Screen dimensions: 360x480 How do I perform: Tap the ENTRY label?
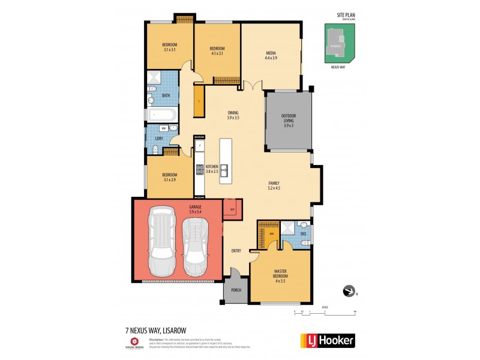click(236, 250)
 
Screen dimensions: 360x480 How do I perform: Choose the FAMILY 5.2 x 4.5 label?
click(274, 185)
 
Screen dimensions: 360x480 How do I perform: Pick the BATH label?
click(166, 95)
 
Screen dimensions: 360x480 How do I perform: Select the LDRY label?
click(159, 139)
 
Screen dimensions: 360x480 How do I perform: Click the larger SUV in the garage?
click(163, 239)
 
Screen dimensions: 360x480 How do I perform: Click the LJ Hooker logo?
click(327, 340)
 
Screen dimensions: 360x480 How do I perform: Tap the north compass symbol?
click(349, 292)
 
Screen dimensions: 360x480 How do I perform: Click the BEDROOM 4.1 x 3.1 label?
click(217, 51)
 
